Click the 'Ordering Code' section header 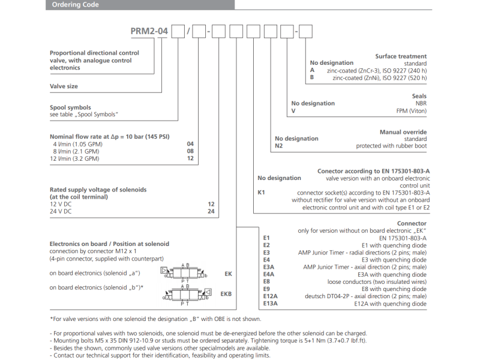point(75,5)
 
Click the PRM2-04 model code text point(151,31)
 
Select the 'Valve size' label point(64,86)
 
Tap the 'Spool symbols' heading point(70,108)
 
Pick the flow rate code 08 point(191,152)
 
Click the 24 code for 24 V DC point(211,212)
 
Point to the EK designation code point(228,274)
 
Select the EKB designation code point(226,294)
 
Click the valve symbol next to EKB point(186,293)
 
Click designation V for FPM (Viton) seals point(293,111)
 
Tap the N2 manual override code point(278,146)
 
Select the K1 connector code point(261,193)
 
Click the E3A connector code point(269,267)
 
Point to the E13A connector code point(271,304)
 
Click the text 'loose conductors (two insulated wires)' point(377,281)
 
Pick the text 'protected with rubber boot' point(391,146)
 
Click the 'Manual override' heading point(403,132)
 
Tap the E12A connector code point(271,296)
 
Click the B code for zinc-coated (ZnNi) point(312,77)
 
